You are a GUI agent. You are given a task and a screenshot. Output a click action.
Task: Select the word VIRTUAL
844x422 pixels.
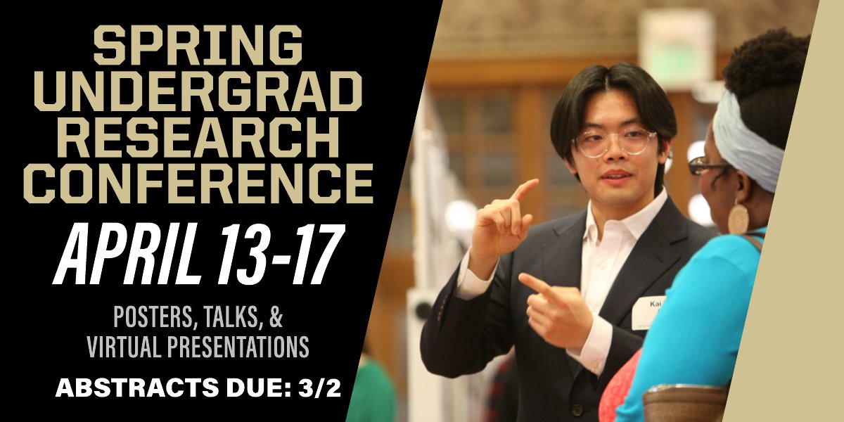point(124,346)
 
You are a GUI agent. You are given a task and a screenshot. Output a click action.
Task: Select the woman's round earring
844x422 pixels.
point(738,219)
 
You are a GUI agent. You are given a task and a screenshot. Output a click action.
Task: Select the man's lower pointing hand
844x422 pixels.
point(559,309)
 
